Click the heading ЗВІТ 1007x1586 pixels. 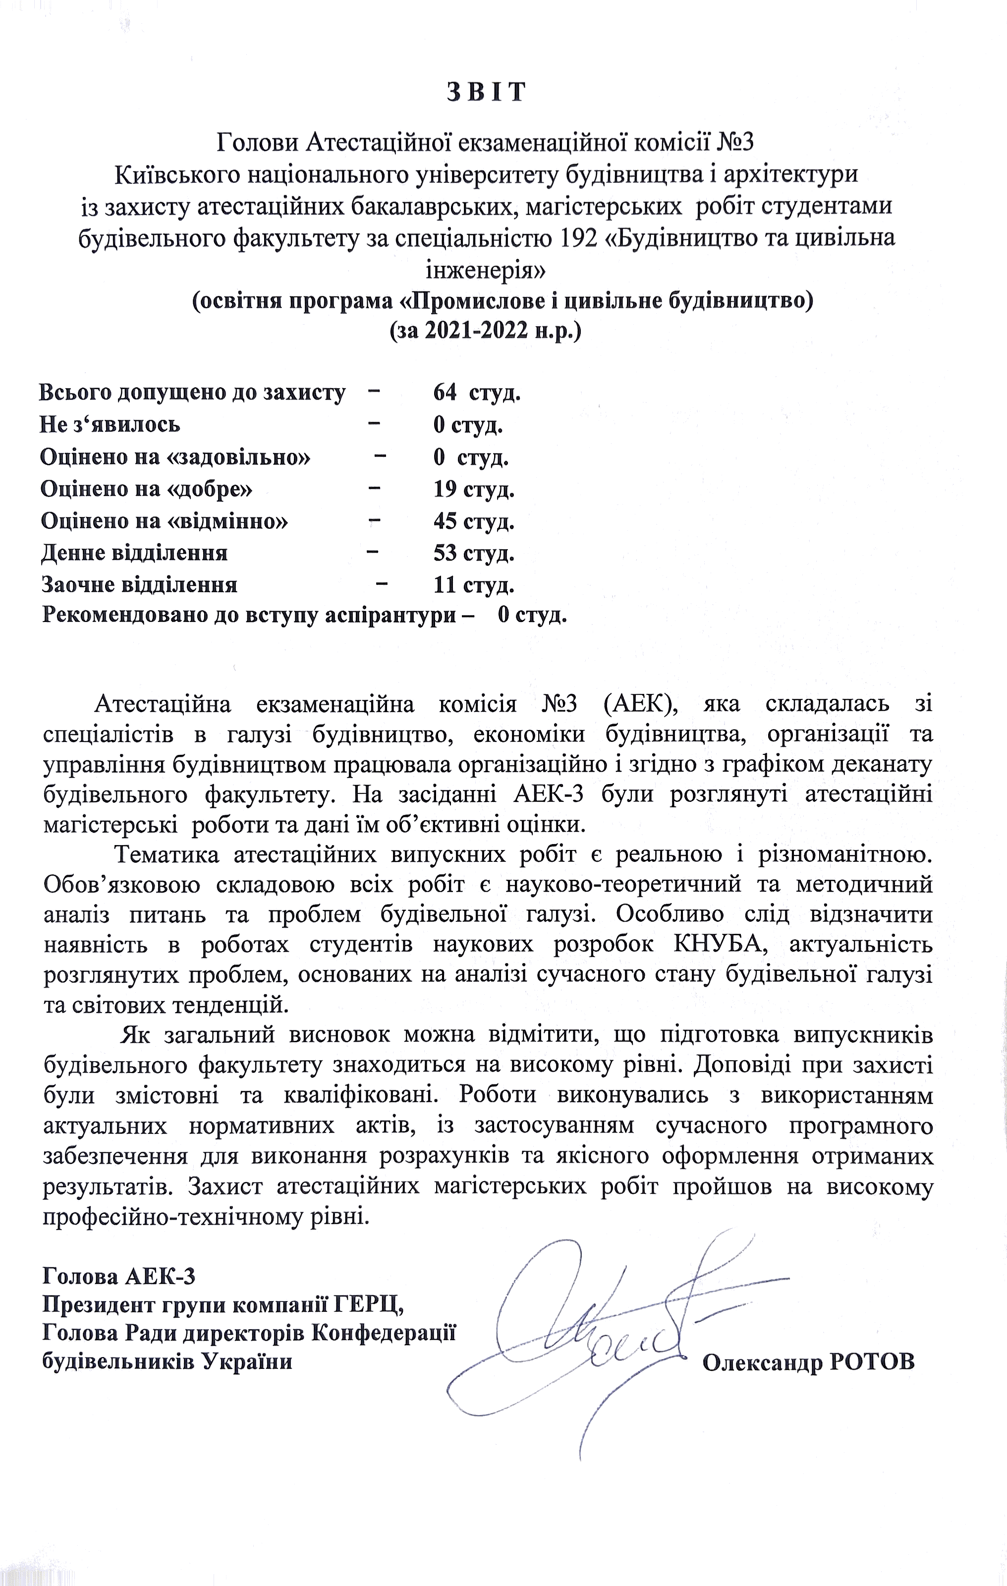click(x=487, y=92)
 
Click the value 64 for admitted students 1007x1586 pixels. click(x=445, y=393)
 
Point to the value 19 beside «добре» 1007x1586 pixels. click(x=445, y=489)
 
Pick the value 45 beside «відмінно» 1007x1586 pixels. click(x=445, y=521)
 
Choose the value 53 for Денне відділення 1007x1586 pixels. click(x=445, y=553)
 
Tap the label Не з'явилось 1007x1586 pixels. click(x=110, y=424)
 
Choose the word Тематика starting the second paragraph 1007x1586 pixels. click(x=167, y=855)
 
